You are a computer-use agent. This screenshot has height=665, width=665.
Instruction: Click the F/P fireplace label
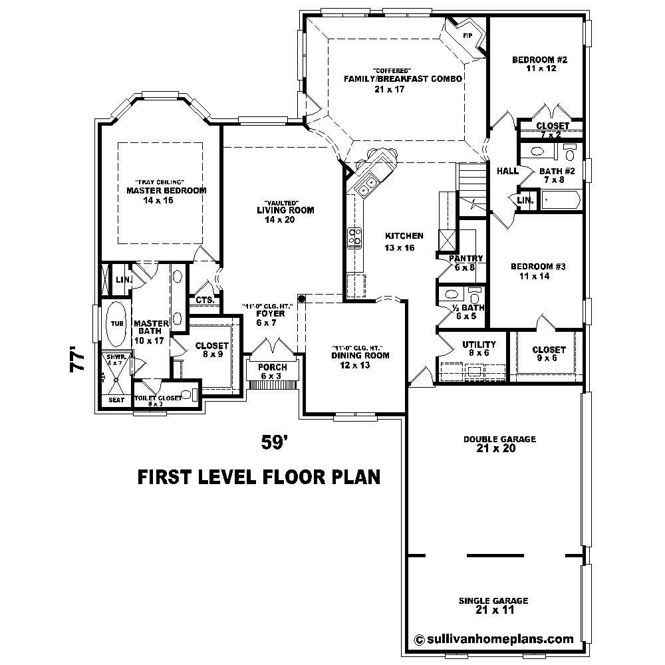point(467,35)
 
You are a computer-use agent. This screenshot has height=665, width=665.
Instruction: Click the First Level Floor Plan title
point(258,477)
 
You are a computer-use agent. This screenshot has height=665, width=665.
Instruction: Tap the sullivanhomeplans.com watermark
point(493,639)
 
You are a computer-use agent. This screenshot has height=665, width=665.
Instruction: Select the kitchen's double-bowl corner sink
point(365,187)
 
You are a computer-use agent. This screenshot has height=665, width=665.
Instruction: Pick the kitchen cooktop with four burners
point(354,237)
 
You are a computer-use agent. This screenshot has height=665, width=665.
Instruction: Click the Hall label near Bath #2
point(507,171)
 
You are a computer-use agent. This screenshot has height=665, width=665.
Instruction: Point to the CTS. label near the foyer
point(204,300)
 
